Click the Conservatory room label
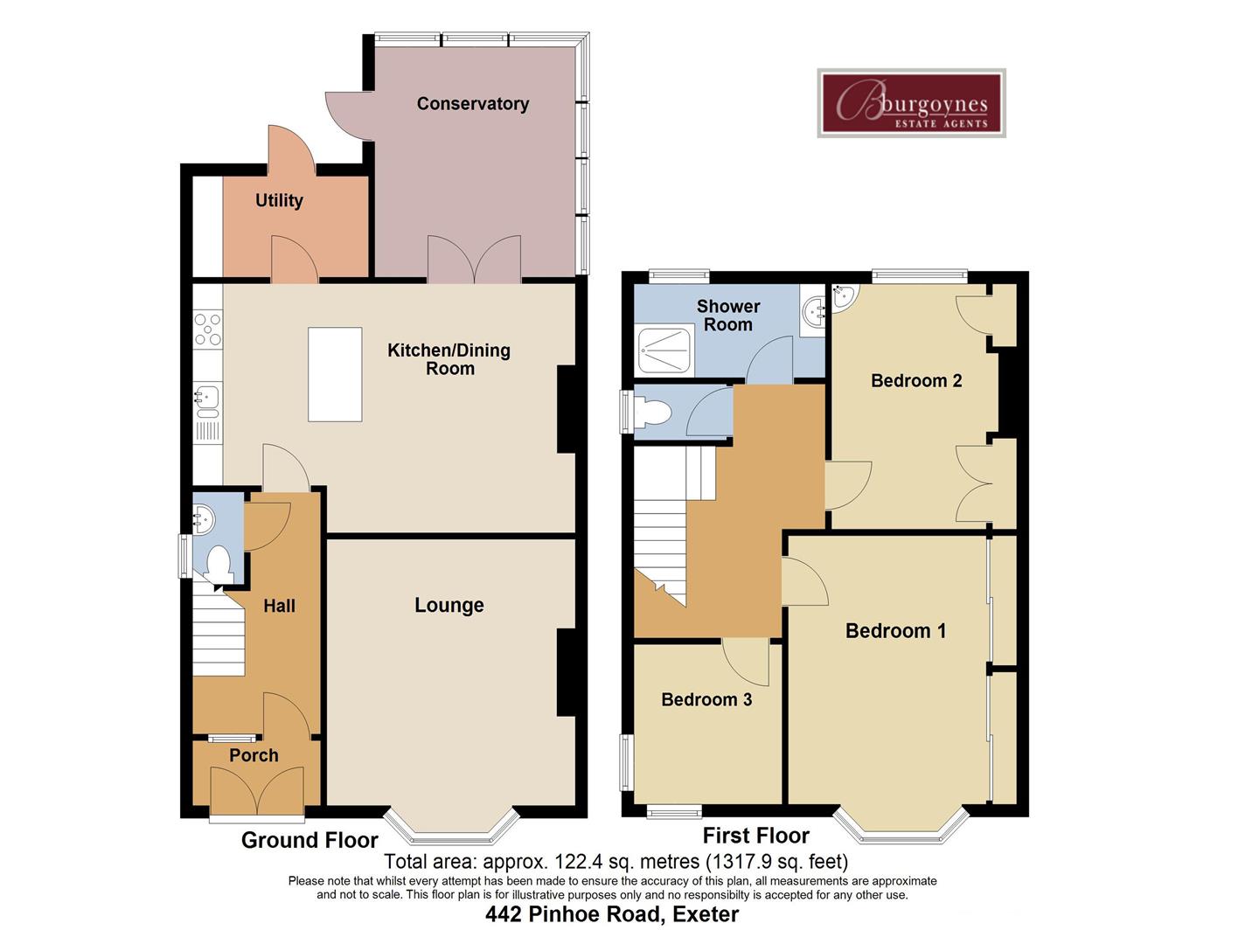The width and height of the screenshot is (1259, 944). pyautogui.click(x=472, y=104)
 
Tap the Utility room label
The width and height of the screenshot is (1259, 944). pyautogui.click(x=279, y=200)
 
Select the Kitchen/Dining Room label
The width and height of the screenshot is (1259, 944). pyautogui.click(x=449, y=359)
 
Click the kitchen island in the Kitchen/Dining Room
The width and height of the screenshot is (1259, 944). pyautogui.click(x=335, y=374)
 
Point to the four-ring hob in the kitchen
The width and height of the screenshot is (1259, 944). pyautogui.click(x=208, y=330)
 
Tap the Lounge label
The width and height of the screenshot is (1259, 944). pyautogui.click(x=449, y=605)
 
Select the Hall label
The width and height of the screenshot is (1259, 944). pyautogui.click(x=279, y=606)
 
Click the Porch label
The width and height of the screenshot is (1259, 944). pyautogui.click(x=254, y=755)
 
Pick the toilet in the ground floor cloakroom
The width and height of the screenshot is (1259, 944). pyautogui.click(x=218, y=563)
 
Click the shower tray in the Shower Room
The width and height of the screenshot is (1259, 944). pyautogui.click(x=666, y=351)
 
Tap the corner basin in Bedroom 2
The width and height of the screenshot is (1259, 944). pyautogui.click(x=845, y=297)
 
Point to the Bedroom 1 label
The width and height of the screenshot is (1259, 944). pyautogui.click(x=895, y=631)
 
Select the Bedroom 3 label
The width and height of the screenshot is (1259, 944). pyautogui.click(x=706, y=699)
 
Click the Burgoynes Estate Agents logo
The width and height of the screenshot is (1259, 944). pyautogui.click(x=911, y=103)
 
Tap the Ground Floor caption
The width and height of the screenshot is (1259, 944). pyautogui.click(x=310, y=840)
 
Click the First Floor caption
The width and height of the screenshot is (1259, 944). pyautogui.click(x=755, y=836)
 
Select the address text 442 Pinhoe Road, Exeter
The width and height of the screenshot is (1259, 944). pyautogui.click(x=612, y=914)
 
